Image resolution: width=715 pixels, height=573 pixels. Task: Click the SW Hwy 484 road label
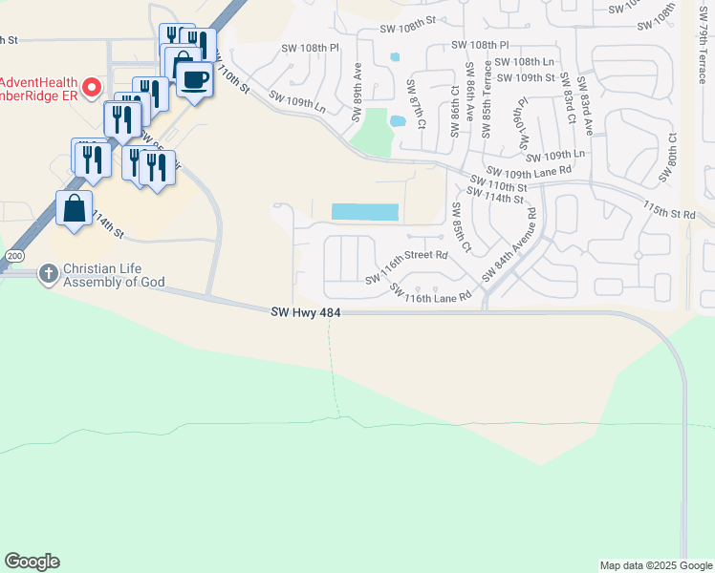pyautogui.click(x=305, y=312)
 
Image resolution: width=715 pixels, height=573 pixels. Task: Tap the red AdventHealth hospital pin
pyautogui.click(x=92, y=88)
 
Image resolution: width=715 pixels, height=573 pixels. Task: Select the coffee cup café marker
pyautogui.click(x=194, y=80)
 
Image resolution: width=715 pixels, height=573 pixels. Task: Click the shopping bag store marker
pyautogui.click(x=74, y=208)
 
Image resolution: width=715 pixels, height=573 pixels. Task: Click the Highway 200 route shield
pyautogui.click(x=11, y=257)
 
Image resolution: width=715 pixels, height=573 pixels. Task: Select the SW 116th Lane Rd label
pyautogui.click(x=439, y=298)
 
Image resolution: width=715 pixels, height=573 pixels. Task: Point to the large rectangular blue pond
pyautogui.click(x=364, y=212)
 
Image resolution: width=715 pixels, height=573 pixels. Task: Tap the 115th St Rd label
pyautogui.click(x=669, y=211)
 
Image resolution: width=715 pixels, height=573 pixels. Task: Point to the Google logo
pyautogui.click(x=32, y=562)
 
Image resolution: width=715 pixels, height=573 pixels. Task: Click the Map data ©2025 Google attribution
pyautogui.click(x=656, y=565)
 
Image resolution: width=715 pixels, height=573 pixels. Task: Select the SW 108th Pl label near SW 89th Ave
pyautogui.click(x=310, y=47)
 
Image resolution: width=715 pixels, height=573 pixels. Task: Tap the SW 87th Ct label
pyautogui.click(x=418, y=112)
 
